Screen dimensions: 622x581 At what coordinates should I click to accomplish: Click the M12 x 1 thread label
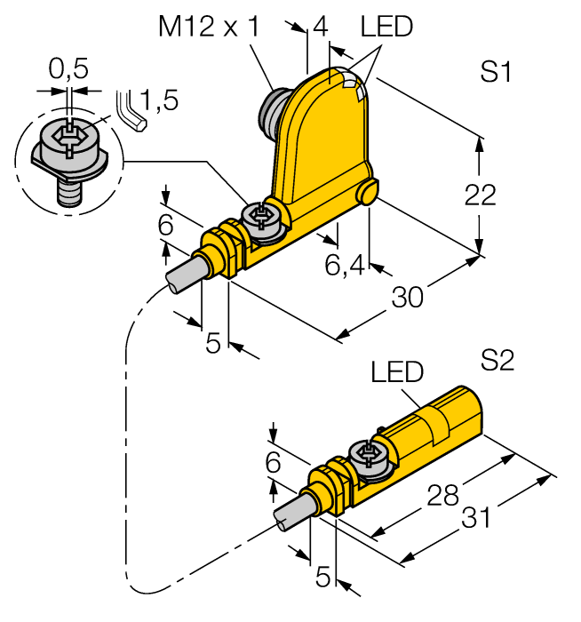209,28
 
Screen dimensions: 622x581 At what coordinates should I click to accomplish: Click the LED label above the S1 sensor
386,28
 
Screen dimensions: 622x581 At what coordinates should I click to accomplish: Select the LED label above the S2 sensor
397,371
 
